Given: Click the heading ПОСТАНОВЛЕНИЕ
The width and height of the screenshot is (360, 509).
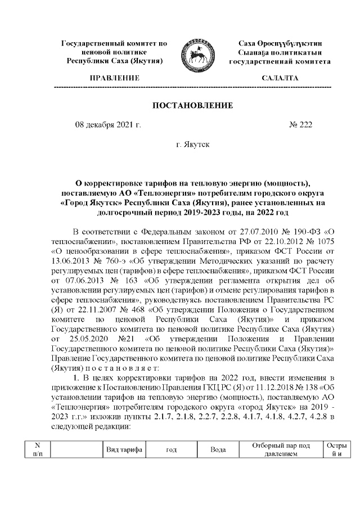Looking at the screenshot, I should pos(193,106).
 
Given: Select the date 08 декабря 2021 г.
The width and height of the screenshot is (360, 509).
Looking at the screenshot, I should pos(108,125).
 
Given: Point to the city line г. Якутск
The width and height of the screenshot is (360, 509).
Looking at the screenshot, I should pos(193,145).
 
